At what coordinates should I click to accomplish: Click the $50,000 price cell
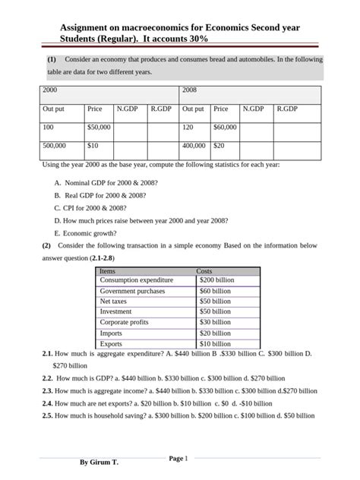99,127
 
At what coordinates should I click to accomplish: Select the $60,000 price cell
226,127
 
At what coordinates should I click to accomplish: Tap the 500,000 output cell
54,145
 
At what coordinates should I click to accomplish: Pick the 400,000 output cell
195,145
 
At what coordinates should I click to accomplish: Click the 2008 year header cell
190,90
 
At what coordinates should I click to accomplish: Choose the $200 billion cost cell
216,280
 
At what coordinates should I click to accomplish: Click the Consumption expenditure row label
136,280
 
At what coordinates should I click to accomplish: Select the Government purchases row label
132,291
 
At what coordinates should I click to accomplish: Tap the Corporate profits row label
125,323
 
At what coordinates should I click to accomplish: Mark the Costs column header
204,270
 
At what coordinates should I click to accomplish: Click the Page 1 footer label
178,458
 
